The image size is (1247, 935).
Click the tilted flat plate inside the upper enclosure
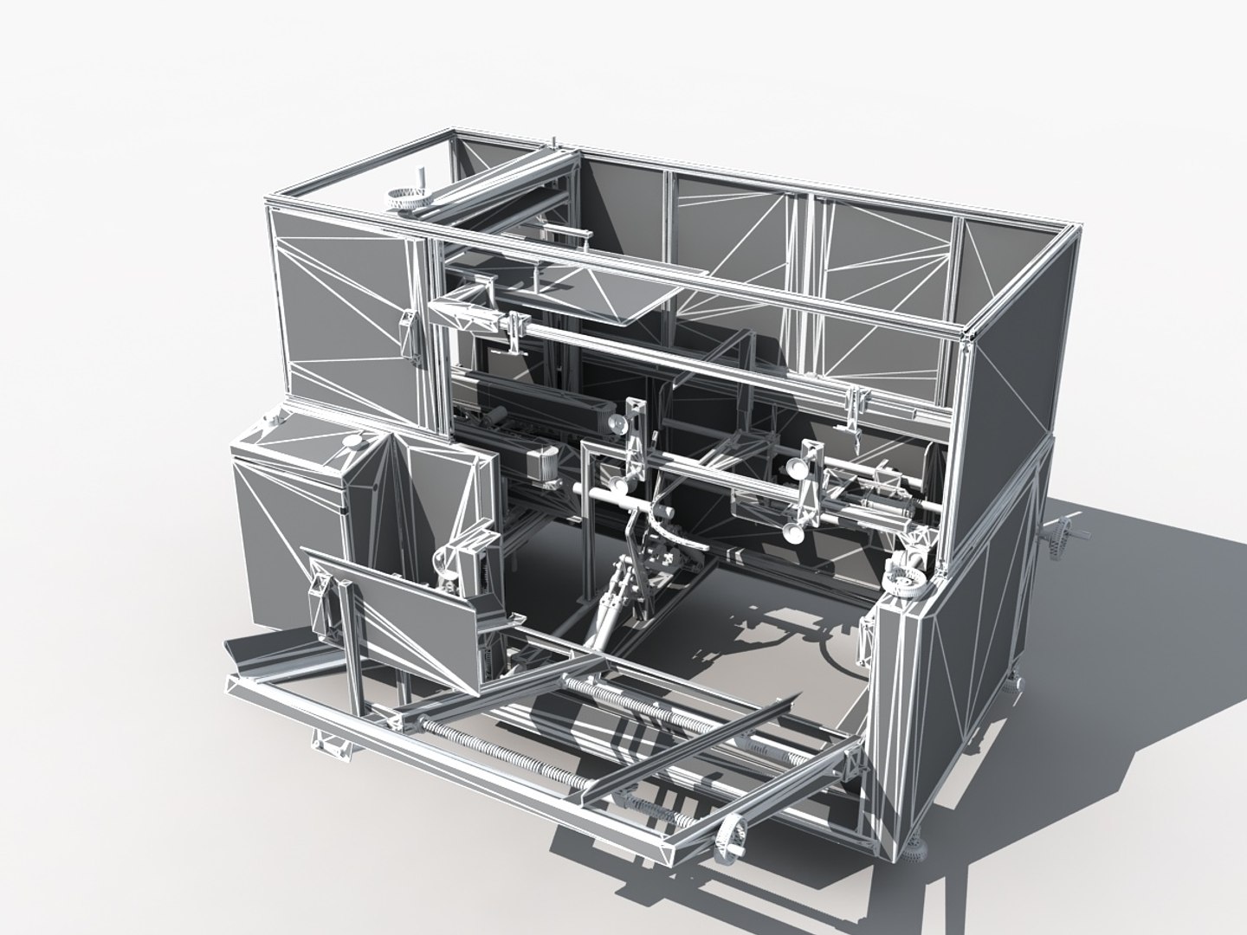598,291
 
